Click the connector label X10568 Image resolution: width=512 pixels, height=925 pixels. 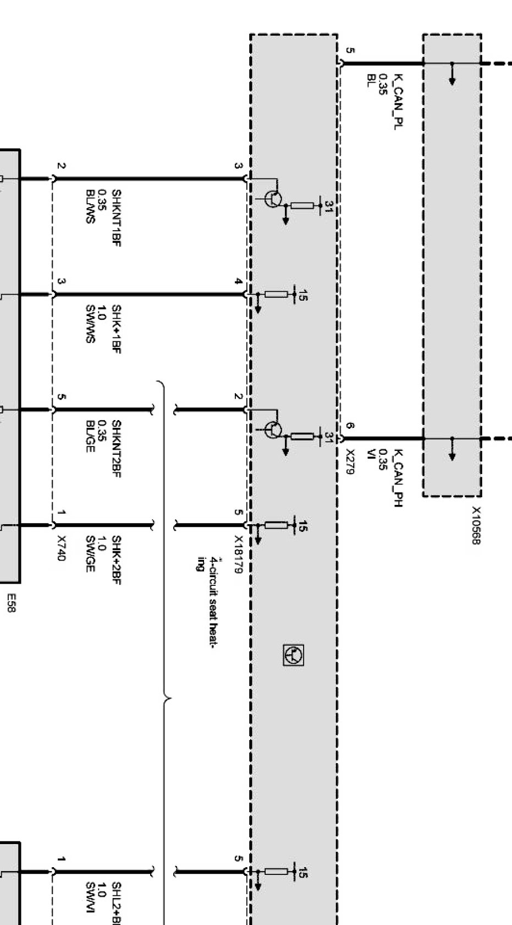click(476, 526)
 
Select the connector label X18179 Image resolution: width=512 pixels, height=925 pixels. click(238, 554)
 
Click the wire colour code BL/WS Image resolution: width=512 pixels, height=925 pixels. click(91, 205)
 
